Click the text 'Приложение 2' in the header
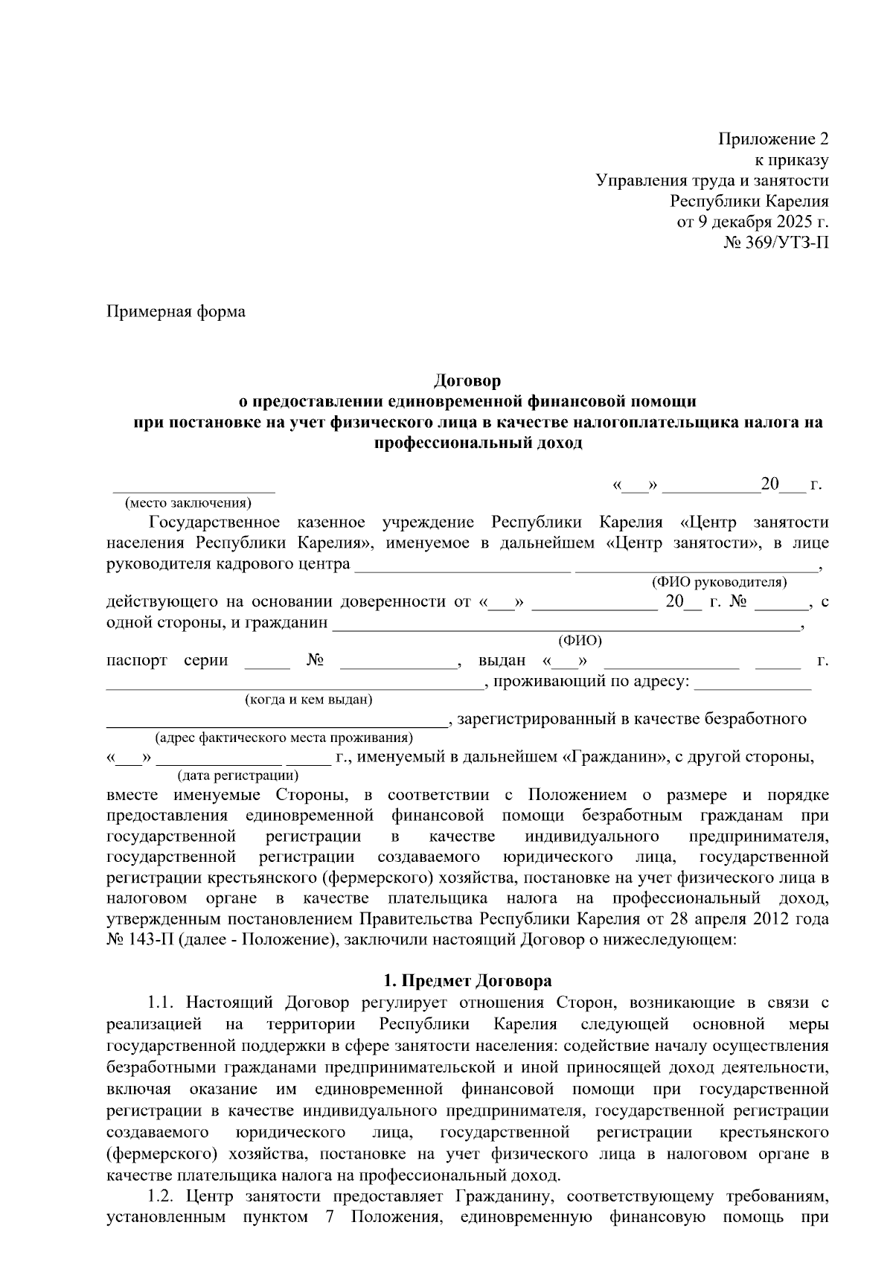[772, 139]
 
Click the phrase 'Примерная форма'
[176, 311]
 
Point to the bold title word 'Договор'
[467, 381]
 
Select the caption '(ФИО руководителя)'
[719, 582]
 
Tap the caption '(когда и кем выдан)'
[308, 700]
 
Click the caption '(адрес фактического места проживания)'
[283, 738]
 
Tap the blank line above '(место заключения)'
[193, 490]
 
